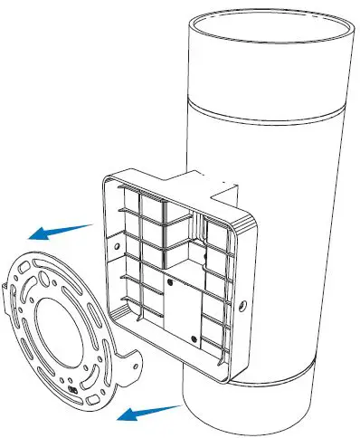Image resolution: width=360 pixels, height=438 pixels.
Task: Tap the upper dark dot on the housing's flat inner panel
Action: [x=170, y=280]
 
